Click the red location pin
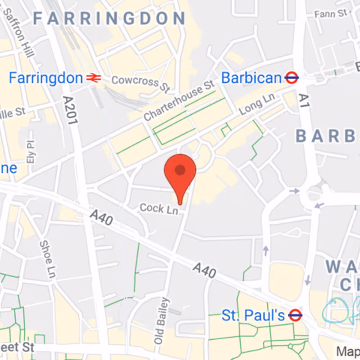(x=180, y=173)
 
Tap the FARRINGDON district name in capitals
(x=109, y=18)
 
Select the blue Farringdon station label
(x=46, y=78)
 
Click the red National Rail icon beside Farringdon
(x=94, y=78)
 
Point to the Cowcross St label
(x=135, y=82)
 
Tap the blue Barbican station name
(x=251, y=78)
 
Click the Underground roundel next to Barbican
(x=292, y=78)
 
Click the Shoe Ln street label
(x=47, y=258)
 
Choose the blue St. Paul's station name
(x=253, y=315)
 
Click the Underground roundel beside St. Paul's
(x=295, y=315)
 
